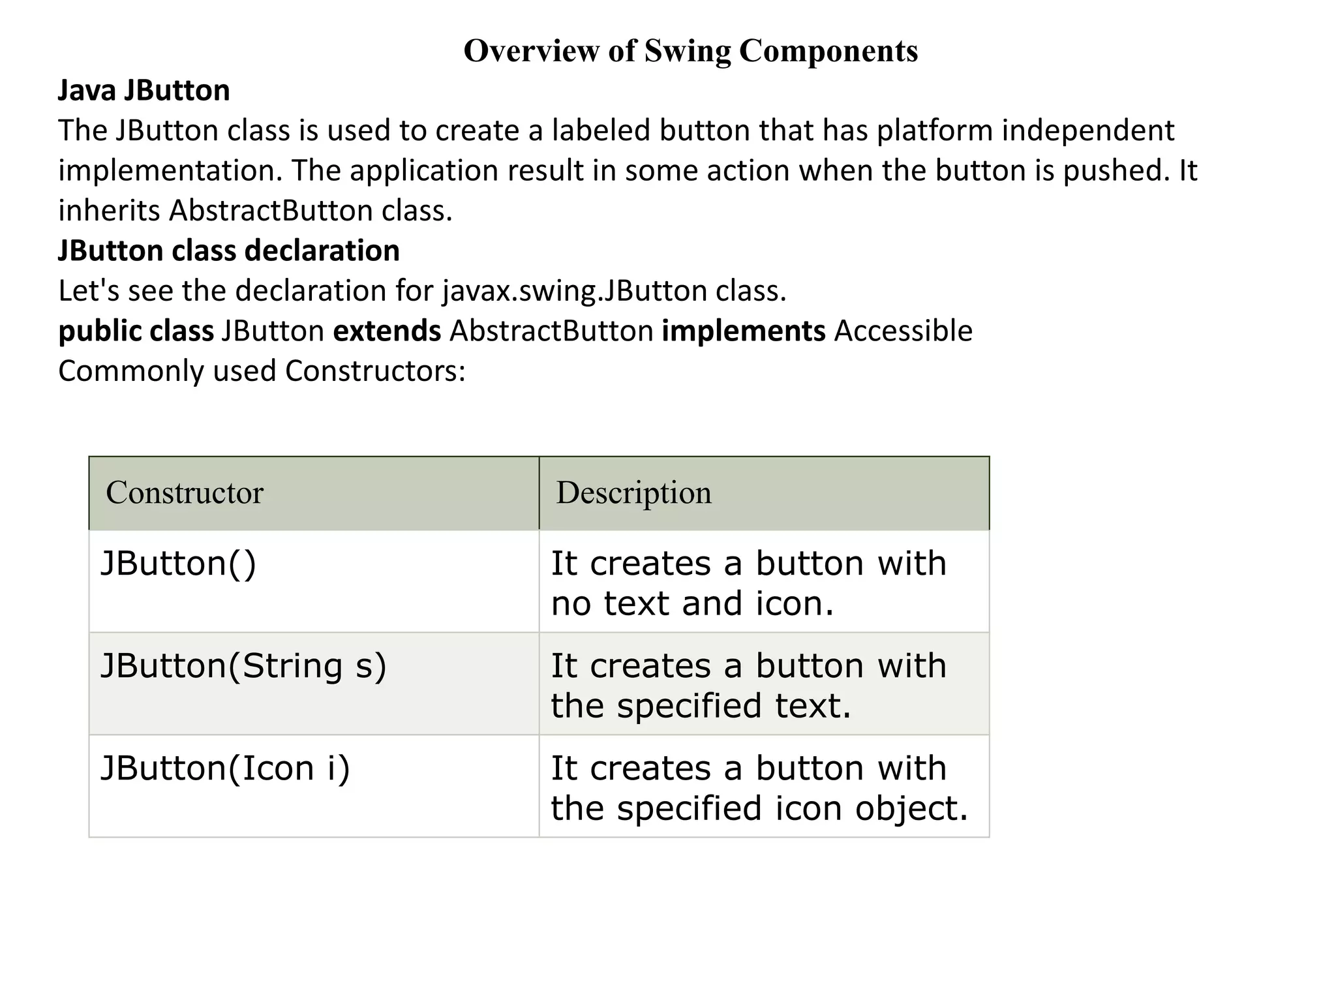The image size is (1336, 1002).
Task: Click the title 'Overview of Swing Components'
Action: pos(690,51)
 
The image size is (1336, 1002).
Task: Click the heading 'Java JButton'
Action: pos(144,90)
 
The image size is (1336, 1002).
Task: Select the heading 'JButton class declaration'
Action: pos(229,250)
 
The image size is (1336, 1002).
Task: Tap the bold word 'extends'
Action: pos(387,331)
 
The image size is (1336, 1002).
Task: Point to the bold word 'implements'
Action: pos(744,331)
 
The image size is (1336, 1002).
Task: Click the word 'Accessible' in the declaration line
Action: pos(903,331)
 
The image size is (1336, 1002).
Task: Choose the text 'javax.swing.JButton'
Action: pos(575,291)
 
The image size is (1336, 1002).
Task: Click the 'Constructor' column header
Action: pos(185,493)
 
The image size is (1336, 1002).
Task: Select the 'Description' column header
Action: pos(633,493)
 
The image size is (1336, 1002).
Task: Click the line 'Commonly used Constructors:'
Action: pos(262,371)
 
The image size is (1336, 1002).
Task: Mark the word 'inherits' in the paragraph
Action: pos(109,211)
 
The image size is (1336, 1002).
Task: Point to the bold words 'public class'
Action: pos(136,331)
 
